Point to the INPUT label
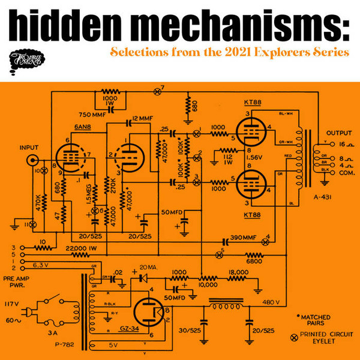(x=29, y=146)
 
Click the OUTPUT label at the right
(x=337, y=133)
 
